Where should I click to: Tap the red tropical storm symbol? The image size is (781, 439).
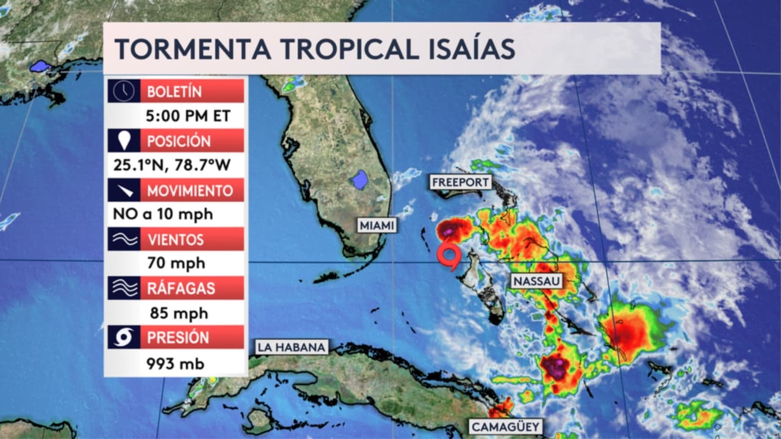pyautogui.click(x=450, y=255)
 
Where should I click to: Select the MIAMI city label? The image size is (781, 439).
pyautogui.click(x=377, y=226)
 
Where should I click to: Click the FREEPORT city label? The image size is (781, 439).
pyautogui.click(x=461, y=182)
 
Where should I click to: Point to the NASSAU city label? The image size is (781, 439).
pyautogui.click(x=536, y=281)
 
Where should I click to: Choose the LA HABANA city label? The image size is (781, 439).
pyautogui.click(x=292, y=348)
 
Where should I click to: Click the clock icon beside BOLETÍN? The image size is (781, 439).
pyautogui.click(x=124, y=91)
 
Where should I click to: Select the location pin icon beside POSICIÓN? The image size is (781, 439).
pyautogui.click(x=124, y=140)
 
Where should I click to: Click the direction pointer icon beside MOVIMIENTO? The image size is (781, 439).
pyautogui.click(x=124, y=190)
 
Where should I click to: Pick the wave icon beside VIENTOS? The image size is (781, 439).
pyautogui.click(x=124, y=239)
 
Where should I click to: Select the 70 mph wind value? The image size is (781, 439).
pyautogui.click(x=176, y=263)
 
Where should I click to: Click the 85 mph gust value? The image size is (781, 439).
pyautogui.click(x=178, y=313)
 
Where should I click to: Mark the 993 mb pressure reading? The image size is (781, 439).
pyautogui.click(x=175, y=364)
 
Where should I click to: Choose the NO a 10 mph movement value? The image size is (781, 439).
pyautogui.click(x=162, y=214)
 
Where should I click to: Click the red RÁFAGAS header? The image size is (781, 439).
pyautogui.click(x=193, y=288)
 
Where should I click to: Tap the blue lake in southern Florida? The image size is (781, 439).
pyautogui.click(x=361, y=179)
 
